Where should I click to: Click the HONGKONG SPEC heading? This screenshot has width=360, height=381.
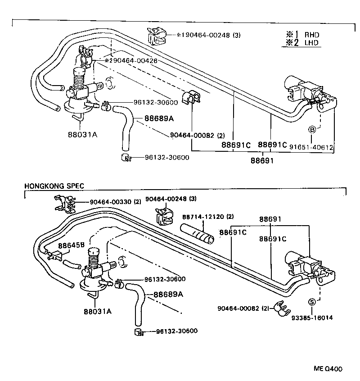[x=54, y=186]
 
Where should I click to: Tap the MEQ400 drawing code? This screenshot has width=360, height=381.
[x=328, y=368]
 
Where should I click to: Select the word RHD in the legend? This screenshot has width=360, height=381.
[x=312, y=34]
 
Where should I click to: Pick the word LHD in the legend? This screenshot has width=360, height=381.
[x=312, y=43]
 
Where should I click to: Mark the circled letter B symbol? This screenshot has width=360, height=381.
[x=311, y=130]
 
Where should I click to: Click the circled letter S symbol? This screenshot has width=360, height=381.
[x=311, y=302]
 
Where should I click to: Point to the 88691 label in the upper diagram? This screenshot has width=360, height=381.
[x=262, y=160]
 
